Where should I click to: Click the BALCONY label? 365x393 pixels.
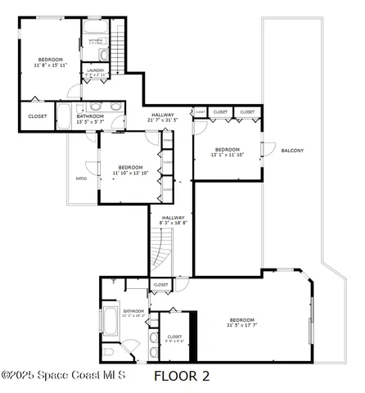point(292,151)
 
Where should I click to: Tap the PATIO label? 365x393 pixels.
point(81,178)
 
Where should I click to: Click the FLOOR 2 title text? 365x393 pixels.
point(182,377)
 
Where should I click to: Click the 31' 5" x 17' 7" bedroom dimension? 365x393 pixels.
point(242,325)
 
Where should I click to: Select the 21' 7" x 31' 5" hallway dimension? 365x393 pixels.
point(162,120)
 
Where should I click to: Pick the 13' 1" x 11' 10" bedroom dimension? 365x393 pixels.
point(226,155)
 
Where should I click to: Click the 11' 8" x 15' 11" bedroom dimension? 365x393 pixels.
point(49,65)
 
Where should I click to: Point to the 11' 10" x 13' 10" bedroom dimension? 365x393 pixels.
point(130,173)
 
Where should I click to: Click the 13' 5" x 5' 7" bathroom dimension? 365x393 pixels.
point(90,121)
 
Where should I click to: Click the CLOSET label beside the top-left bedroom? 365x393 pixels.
point(38,116)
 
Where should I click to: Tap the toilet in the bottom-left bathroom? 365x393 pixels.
point(109,351)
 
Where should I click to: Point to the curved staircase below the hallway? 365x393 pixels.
point(162,253)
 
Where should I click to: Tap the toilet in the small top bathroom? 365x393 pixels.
point(103,54)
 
